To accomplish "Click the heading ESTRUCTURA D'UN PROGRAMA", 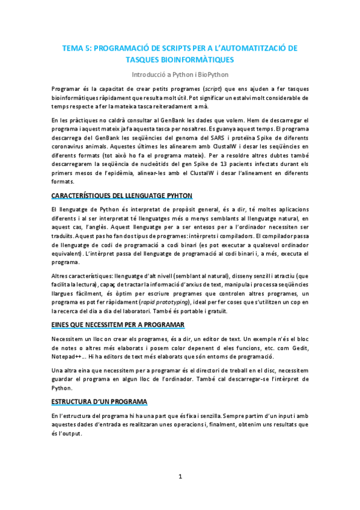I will [x=99, y=402].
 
